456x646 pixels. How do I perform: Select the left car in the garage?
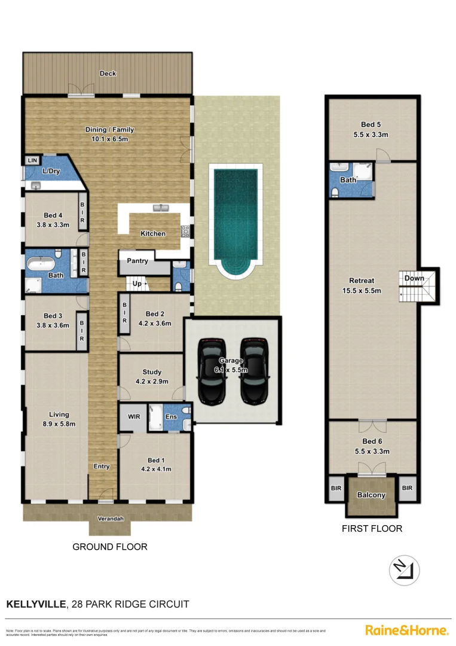point(212,371)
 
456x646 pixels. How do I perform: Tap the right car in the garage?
point(253,371)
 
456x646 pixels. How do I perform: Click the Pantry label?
point(137,261)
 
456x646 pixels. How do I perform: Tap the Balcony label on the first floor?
point(371,495)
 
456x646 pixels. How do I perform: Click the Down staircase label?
point(414,278)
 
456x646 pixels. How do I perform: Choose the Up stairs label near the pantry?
point(137,284)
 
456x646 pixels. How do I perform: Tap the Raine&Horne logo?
point(406,630)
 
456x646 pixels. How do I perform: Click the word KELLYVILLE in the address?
point(36,604)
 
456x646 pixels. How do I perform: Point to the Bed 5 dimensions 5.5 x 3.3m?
point(371,135)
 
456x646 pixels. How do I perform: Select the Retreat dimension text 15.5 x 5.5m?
point(362,291)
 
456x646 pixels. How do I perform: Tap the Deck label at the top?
point(108,74)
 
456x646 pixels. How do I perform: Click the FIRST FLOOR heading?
point(372,528)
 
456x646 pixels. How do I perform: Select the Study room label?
point(152,372)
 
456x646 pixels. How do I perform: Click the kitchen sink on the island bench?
point(160,208)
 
